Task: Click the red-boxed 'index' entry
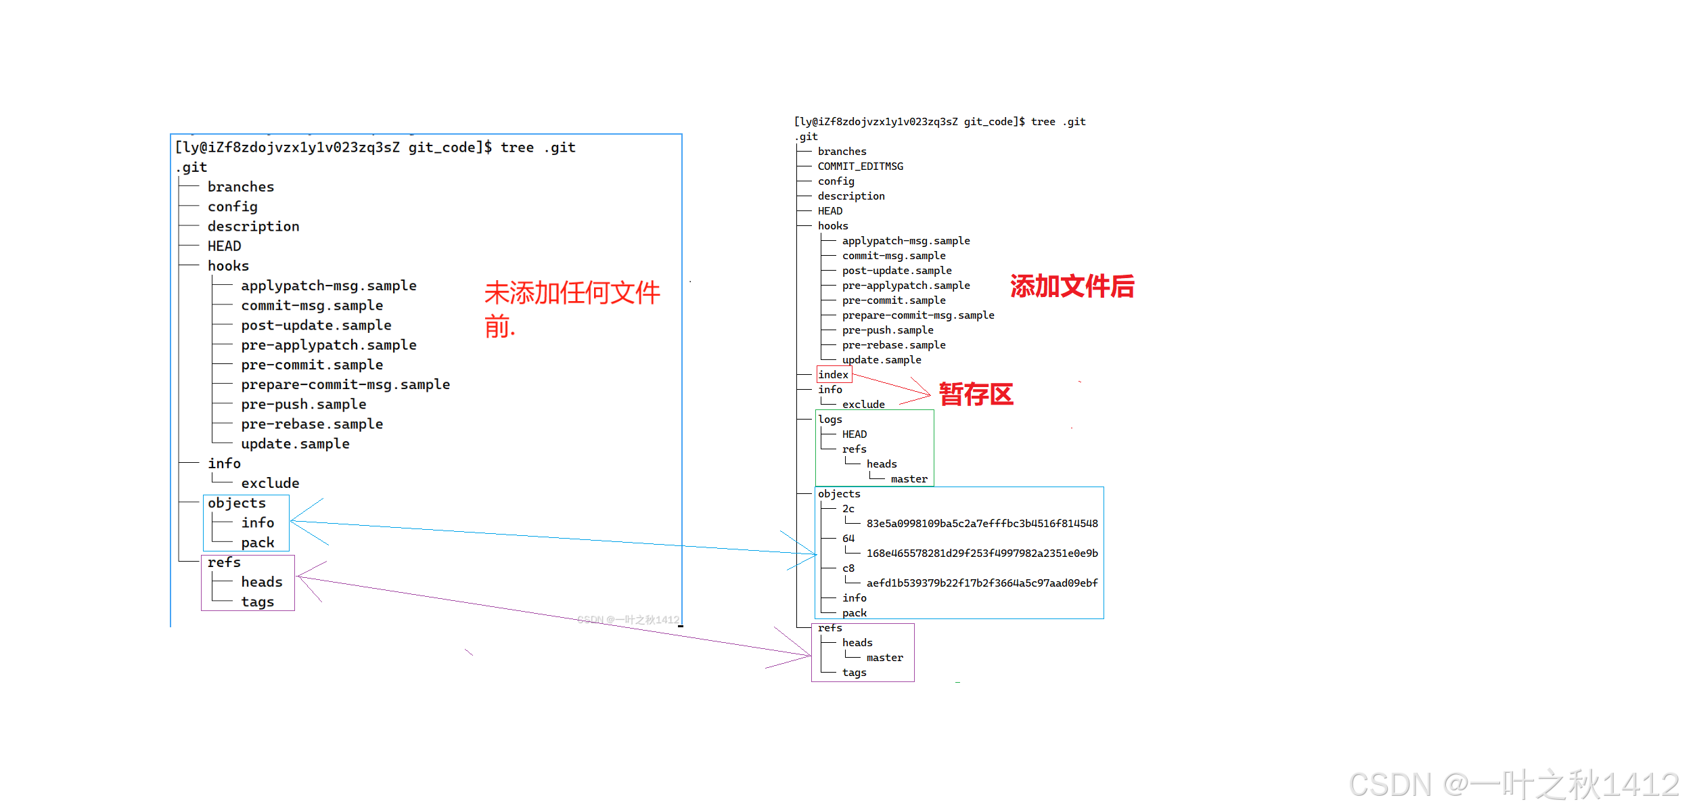[x=833, y=375]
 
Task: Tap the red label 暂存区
[x=976, y=394]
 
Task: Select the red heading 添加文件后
[x=1072, y=286]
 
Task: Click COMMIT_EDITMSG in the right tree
[x=860, y=166]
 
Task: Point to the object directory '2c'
[x=848, y=509]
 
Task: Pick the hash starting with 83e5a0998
[x=982, y=524]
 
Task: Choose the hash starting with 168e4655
[x=982, y=554]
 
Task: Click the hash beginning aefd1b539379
[x=982, y=583]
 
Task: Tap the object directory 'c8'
[x=848, y=568]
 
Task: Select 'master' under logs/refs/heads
[x=909, y=479]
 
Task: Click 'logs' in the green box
[x=830, y=420]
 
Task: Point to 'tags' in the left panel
[x=258, y=602]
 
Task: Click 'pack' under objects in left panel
[x=258, y=543]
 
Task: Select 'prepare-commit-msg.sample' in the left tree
[x=345, y=384]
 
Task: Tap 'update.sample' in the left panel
[x=295, y=444]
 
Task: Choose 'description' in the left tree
[x=253, y=227]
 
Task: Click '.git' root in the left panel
[x=191, y=167]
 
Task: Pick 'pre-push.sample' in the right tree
[x=888, y=330]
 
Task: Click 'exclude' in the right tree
[x=863, y=405]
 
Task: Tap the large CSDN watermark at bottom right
[x=1514, y=785]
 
